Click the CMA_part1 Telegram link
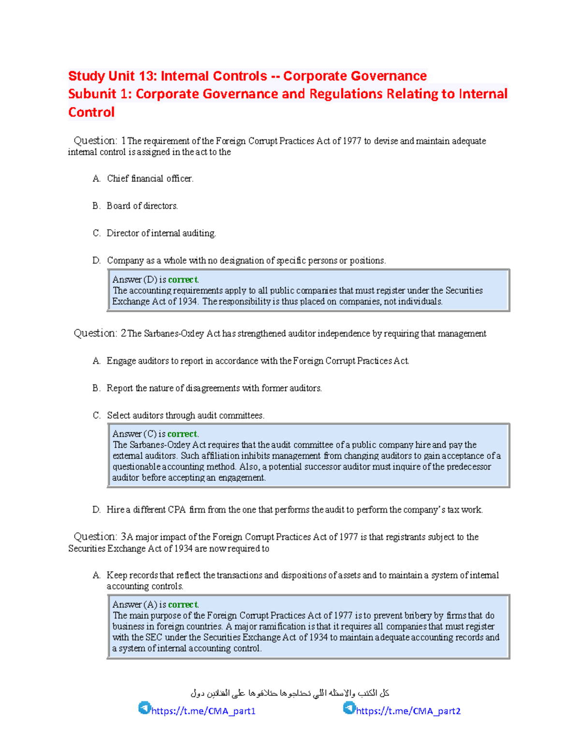click(203, 711)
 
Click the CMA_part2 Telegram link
click(408, 711)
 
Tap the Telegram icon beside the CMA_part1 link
click(145, 708)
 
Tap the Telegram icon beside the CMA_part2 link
click(349, 708)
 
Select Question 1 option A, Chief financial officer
click(150, 178)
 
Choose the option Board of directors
click(142, 206)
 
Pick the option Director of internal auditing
click(161, 233)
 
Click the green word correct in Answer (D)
click(183, 280)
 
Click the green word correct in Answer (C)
click(182, 434)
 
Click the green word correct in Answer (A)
click(183, 604)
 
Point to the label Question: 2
click(100, 333)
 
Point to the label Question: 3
click(100, 537)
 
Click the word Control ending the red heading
click(91, 112)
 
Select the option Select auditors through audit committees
click(185, 415)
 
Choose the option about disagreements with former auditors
click(214, 388)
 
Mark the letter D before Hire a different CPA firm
click(96, 510)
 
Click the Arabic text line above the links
click(290, 693)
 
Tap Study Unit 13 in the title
click(112, 76)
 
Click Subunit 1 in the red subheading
click(100, 94)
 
